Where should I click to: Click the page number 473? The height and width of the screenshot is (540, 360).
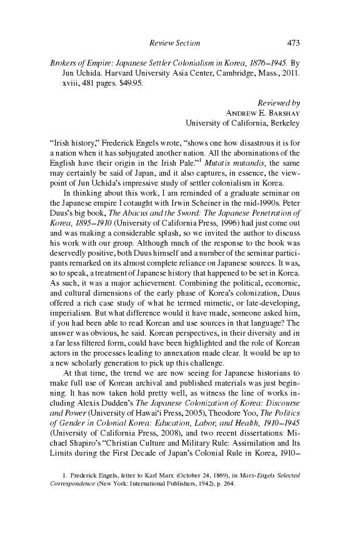pos(294,43)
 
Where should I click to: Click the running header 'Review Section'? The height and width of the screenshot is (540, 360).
pos(175,43)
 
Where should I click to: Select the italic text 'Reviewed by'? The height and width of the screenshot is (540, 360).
pos(279,102)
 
